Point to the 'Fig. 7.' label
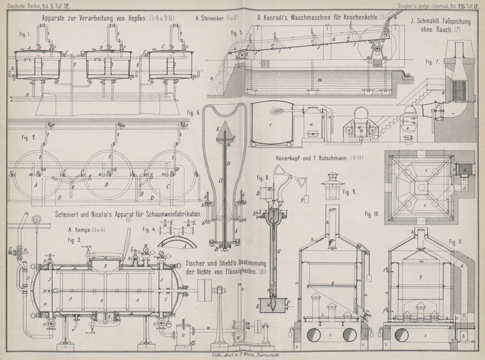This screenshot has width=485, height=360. (432, 62)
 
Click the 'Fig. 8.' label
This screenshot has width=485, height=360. (263, 178)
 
